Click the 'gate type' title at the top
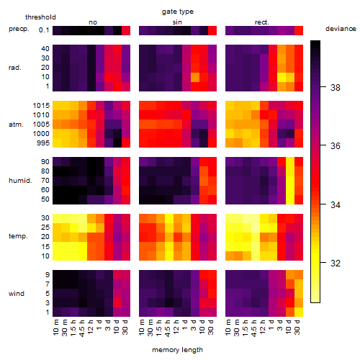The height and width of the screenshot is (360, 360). point(178,12)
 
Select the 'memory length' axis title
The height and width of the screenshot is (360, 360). point(177,350)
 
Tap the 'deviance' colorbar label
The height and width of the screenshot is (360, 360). point(341,29)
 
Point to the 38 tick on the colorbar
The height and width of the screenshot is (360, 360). point(336,87)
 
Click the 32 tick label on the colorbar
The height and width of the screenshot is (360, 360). point(336,264)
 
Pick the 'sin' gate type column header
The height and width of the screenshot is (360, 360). point(177,22)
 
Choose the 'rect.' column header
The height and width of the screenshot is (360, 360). point(261,22)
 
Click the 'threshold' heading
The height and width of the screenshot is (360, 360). point(40,17)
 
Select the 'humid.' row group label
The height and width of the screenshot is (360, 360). point(20,180)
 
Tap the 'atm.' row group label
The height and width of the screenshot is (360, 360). point(16,125)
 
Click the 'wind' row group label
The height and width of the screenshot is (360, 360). point(17,294)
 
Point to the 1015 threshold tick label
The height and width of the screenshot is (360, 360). point(41,106)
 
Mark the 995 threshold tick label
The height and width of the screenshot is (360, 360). point(43,143)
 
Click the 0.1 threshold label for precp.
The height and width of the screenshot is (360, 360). point(44,30)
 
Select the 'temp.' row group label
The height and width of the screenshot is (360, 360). point(18,236)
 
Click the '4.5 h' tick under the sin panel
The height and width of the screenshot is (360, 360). point(168,328)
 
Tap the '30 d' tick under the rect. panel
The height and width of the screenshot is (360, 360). point(297,327)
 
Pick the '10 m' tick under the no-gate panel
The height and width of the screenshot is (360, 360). point(55,328)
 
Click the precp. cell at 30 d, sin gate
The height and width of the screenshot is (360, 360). point(212,30)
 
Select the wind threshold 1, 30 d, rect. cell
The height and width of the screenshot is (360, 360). point(299,312)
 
